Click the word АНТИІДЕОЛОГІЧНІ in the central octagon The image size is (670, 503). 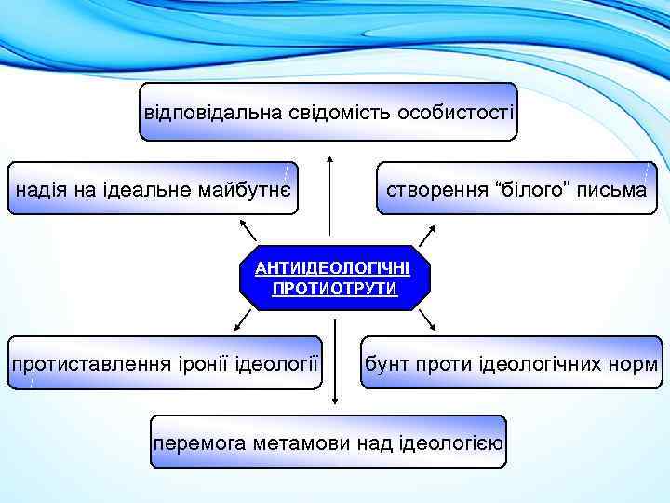tap(334, 268)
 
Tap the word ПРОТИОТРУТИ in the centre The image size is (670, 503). tap(334, 288)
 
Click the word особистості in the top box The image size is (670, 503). tap(455, 113)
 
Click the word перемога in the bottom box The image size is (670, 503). tap(199, 442)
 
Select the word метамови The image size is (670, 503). tap(298, 442)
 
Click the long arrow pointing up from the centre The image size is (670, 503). tap(329, 196)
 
